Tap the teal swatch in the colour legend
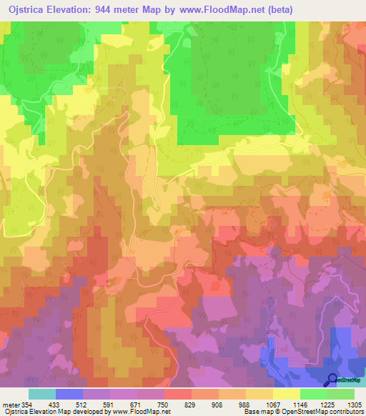42,394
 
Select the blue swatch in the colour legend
69,394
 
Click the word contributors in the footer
345,412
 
